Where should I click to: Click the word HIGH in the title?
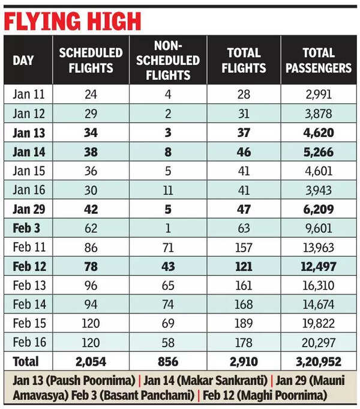click(107, 22)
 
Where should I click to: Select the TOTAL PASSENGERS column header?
click(318, 60)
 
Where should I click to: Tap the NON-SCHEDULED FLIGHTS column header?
click(169, 60)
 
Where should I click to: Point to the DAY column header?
click(23, 60)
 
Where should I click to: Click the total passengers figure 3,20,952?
click(318, 362)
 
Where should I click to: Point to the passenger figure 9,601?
click(318, 229)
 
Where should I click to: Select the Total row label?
click(26, 362)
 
